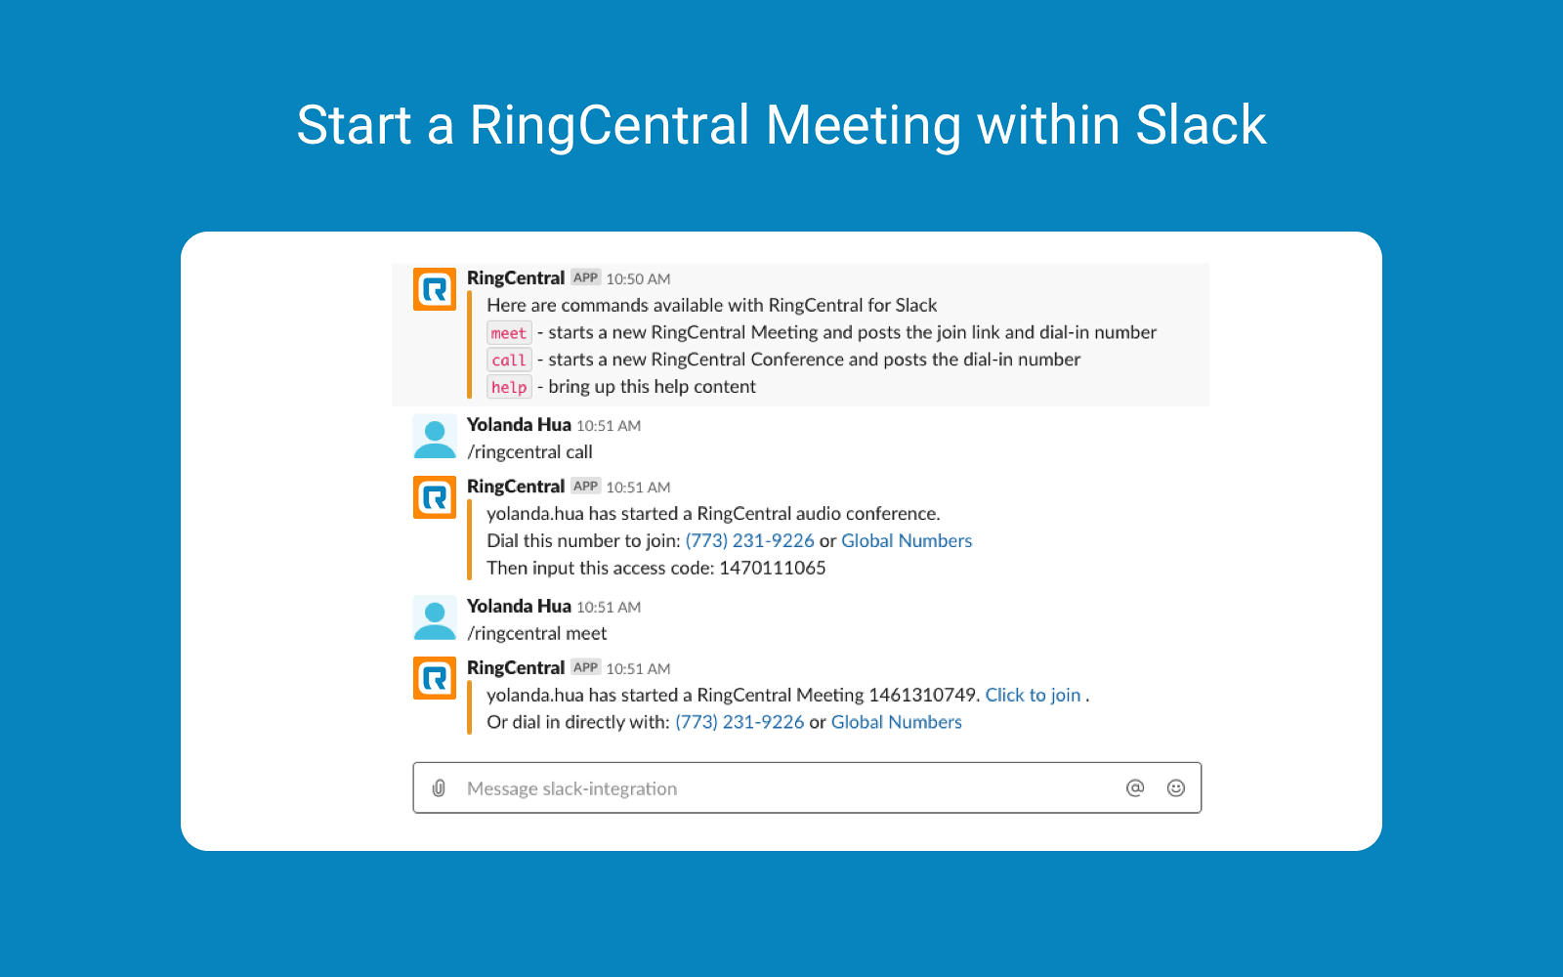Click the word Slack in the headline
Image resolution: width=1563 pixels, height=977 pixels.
point(1201,125)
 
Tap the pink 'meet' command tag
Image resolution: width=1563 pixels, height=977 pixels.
point(509,333)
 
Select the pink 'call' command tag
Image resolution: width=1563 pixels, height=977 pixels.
point(509,361)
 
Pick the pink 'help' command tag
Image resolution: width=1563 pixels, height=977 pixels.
point(509,387)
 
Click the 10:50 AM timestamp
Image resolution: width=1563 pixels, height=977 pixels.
point(638,279)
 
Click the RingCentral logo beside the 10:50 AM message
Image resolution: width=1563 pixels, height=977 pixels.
point(434,289)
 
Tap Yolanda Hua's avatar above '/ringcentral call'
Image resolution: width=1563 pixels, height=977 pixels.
point(434,437)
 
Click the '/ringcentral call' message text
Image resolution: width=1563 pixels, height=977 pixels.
point(529,452)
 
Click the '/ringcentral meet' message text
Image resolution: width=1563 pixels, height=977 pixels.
point(536,634)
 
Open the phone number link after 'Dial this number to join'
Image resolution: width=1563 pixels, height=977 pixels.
point(749,541)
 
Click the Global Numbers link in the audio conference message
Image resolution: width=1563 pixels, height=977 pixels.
point(907,541)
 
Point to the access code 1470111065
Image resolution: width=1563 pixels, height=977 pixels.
point(773,568)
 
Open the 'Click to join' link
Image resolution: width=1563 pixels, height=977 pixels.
point(1033,695)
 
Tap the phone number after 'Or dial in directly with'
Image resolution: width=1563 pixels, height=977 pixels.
point(739,722)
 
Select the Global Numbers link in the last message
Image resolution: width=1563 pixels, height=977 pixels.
point(896,722)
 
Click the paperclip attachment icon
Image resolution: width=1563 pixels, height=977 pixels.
point(439,787)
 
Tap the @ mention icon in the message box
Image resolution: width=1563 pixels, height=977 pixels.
point(1135,787)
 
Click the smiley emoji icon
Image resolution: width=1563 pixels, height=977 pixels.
point(1176,787)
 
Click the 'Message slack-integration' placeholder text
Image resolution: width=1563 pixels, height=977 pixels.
point(571,788)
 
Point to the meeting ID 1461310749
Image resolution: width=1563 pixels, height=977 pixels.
point(922,695)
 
